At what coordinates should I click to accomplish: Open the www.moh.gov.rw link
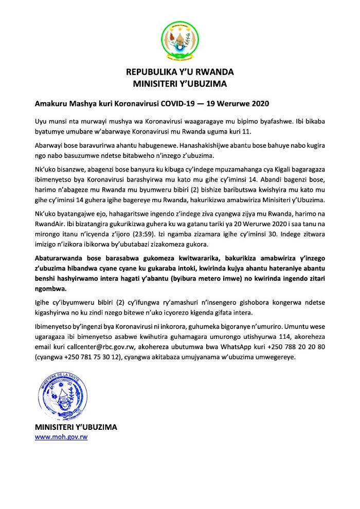[x=58, y=437]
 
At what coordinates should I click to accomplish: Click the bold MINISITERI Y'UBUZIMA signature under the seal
[x=76, y=427]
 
